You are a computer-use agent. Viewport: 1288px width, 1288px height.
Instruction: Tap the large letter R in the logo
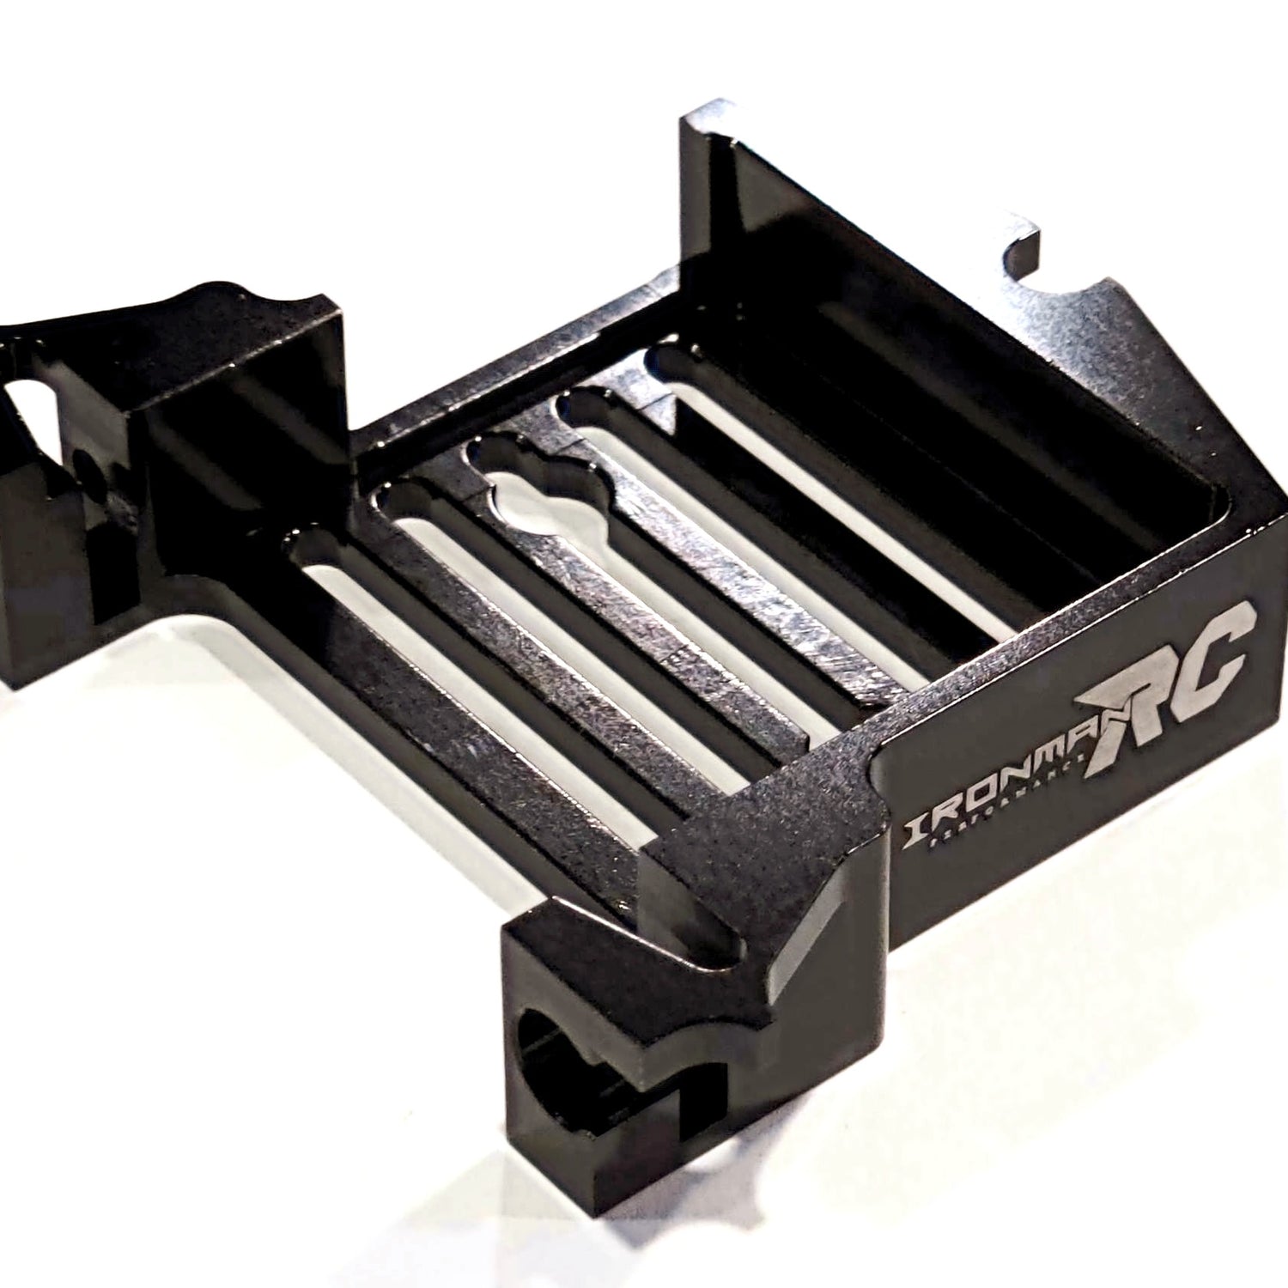coord(1133,687)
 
